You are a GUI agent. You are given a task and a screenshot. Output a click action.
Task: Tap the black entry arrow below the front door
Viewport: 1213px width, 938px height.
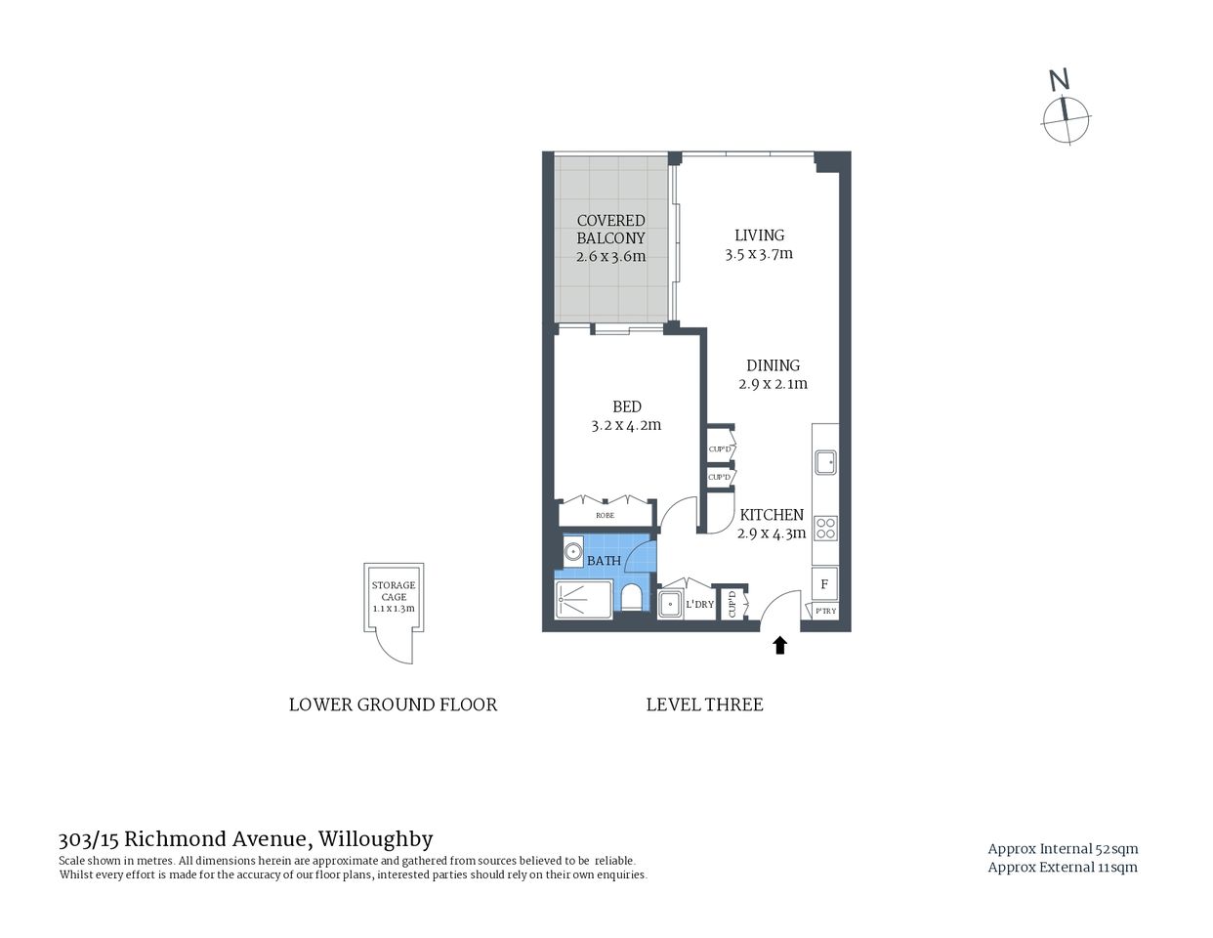coord(779,645)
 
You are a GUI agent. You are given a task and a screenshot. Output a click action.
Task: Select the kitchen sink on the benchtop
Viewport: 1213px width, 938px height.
coord(825,461)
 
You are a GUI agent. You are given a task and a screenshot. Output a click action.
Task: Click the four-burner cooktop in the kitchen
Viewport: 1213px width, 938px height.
coord(825,529)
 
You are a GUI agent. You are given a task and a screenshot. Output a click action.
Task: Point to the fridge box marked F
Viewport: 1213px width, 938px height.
coord(824,584)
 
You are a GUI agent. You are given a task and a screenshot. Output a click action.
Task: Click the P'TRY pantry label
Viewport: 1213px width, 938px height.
coord(825,612)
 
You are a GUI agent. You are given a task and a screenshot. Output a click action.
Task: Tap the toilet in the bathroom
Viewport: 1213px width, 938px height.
coord(631,597)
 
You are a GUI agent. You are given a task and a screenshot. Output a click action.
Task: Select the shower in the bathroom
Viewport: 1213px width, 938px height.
coord(583,599)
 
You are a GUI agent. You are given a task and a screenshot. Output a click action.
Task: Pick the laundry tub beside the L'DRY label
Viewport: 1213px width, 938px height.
coord(670,604)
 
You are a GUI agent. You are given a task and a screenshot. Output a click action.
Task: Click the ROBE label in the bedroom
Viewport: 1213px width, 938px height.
coord(605,515)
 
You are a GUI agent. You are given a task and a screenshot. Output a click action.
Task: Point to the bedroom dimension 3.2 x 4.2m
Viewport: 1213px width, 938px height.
coord(626,425)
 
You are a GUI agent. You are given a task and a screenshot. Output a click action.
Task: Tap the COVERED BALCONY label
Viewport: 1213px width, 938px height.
coord(610,230)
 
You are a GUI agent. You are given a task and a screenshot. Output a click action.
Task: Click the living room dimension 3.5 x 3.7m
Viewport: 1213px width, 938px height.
coord(759,254)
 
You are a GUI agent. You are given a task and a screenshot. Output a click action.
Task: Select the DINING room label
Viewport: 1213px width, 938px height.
coord(773,365)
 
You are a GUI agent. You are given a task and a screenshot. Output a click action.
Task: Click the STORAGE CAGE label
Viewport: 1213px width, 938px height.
coord(393,591)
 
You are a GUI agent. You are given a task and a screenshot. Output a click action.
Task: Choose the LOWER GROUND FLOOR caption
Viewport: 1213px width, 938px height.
coord(393,704)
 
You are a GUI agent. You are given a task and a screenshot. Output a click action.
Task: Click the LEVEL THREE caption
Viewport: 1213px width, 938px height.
coord(704,704)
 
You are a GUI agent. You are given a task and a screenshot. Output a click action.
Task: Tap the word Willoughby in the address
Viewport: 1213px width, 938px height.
coord(376,838)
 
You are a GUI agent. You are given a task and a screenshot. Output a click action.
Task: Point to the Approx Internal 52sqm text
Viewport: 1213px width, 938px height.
coord(1063,848)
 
